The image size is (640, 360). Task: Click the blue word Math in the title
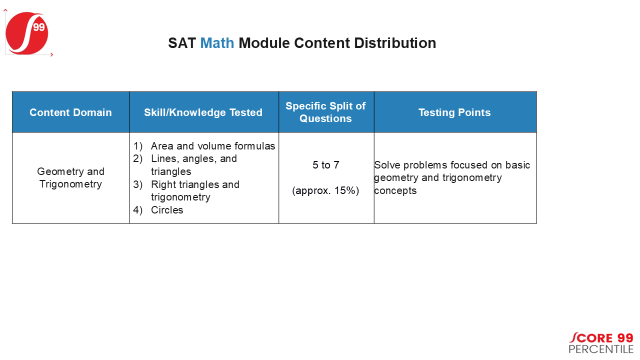217,43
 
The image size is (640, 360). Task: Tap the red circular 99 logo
27,33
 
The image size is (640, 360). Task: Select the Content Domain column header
70,112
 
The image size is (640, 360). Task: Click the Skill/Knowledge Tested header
203,112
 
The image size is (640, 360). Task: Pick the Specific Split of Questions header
325,112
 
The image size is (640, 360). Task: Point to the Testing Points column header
454,112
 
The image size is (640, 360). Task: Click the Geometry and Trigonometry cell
70,177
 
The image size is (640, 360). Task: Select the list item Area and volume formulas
213,146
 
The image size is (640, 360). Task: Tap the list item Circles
167,210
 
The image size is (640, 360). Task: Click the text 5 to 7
325,165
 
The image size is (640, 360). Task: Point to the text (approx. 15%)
325,190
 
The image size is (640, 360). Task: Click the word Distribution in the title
395,43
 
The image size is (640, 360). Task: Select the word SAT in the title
182,43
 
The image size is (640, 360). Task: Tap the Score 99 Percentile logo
601,343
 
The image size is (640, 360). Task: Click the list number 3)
137,184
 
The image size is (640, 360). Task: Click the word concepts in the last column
395,191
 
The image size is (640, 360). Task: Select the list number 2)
137,158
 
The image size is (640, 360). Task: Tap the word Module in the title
264,43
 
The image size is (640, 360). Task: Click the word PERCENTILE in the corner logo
601,349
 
